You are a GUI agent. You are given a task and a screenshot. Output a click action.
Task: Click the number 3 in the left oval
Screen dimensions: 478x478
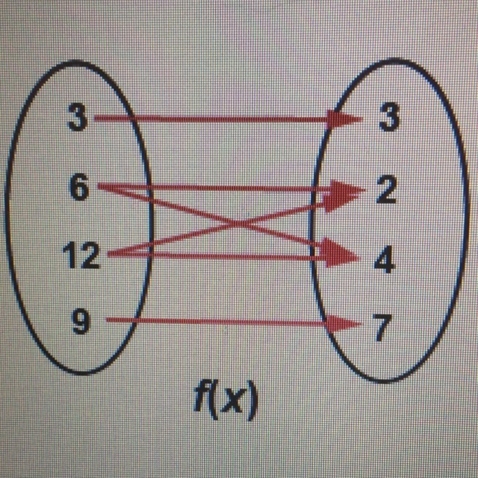pyautogui.click(x=78, y=117)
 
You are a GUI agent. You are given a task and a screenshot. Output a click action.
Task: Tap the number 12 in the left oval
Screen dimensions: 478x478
pyautogui.click(x=81, y=255)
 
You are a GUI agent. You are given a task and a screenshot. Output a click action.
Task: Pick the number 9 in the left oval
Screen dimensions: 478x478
pyautogui.click(x=81, y=321)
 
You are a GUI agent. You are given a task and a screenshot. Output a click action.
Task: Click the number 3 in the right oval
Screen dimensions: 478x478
pyautogui.click(x=389, y=117)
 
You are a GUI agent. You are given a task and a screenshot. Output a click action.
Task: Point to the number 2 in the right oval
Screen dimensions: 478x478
pyautogui.click(x=386, y=189)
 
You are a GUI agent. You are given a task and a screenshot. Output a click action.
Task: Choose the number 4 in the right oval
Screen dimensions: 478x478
pyautogui.click(x=385, y=258)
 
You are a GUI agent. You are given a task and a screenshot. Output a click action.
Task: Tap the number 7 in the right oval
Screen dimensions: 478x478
pyautogui.click(x=383, y=327)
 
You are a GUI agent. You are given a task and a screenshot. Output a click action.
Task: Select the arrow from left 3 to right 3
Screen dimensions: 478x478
pyautogui.click(x=228, y=118)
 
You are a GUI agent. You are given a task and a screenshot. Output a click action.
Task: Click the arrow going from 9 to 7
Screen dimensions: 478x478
pyautogui.click(x=234, y=322)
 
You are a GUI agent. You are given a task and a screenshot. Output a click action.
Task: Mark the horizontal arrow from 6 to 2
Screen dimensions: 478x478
pyautogui.click(x=232, y=188)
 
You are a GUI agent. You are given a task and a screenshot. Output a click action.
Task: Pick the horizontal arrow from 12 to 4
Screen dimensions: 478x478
pyautogui.click(x=234, y=256)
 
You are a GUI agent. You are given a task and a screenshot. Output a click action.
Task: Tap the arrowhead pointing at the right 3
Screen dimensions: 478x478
pyautogui.click(x=344, y=119)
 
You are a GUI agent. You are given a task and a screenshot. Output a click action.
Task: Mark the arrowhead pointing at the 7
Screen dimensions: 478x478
pyautogui.click(x=344, y=323)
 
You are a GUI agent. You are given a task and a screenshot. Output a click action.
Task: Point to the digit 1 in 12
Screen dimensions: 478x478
pyautogui.click(x=69, y=255)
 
